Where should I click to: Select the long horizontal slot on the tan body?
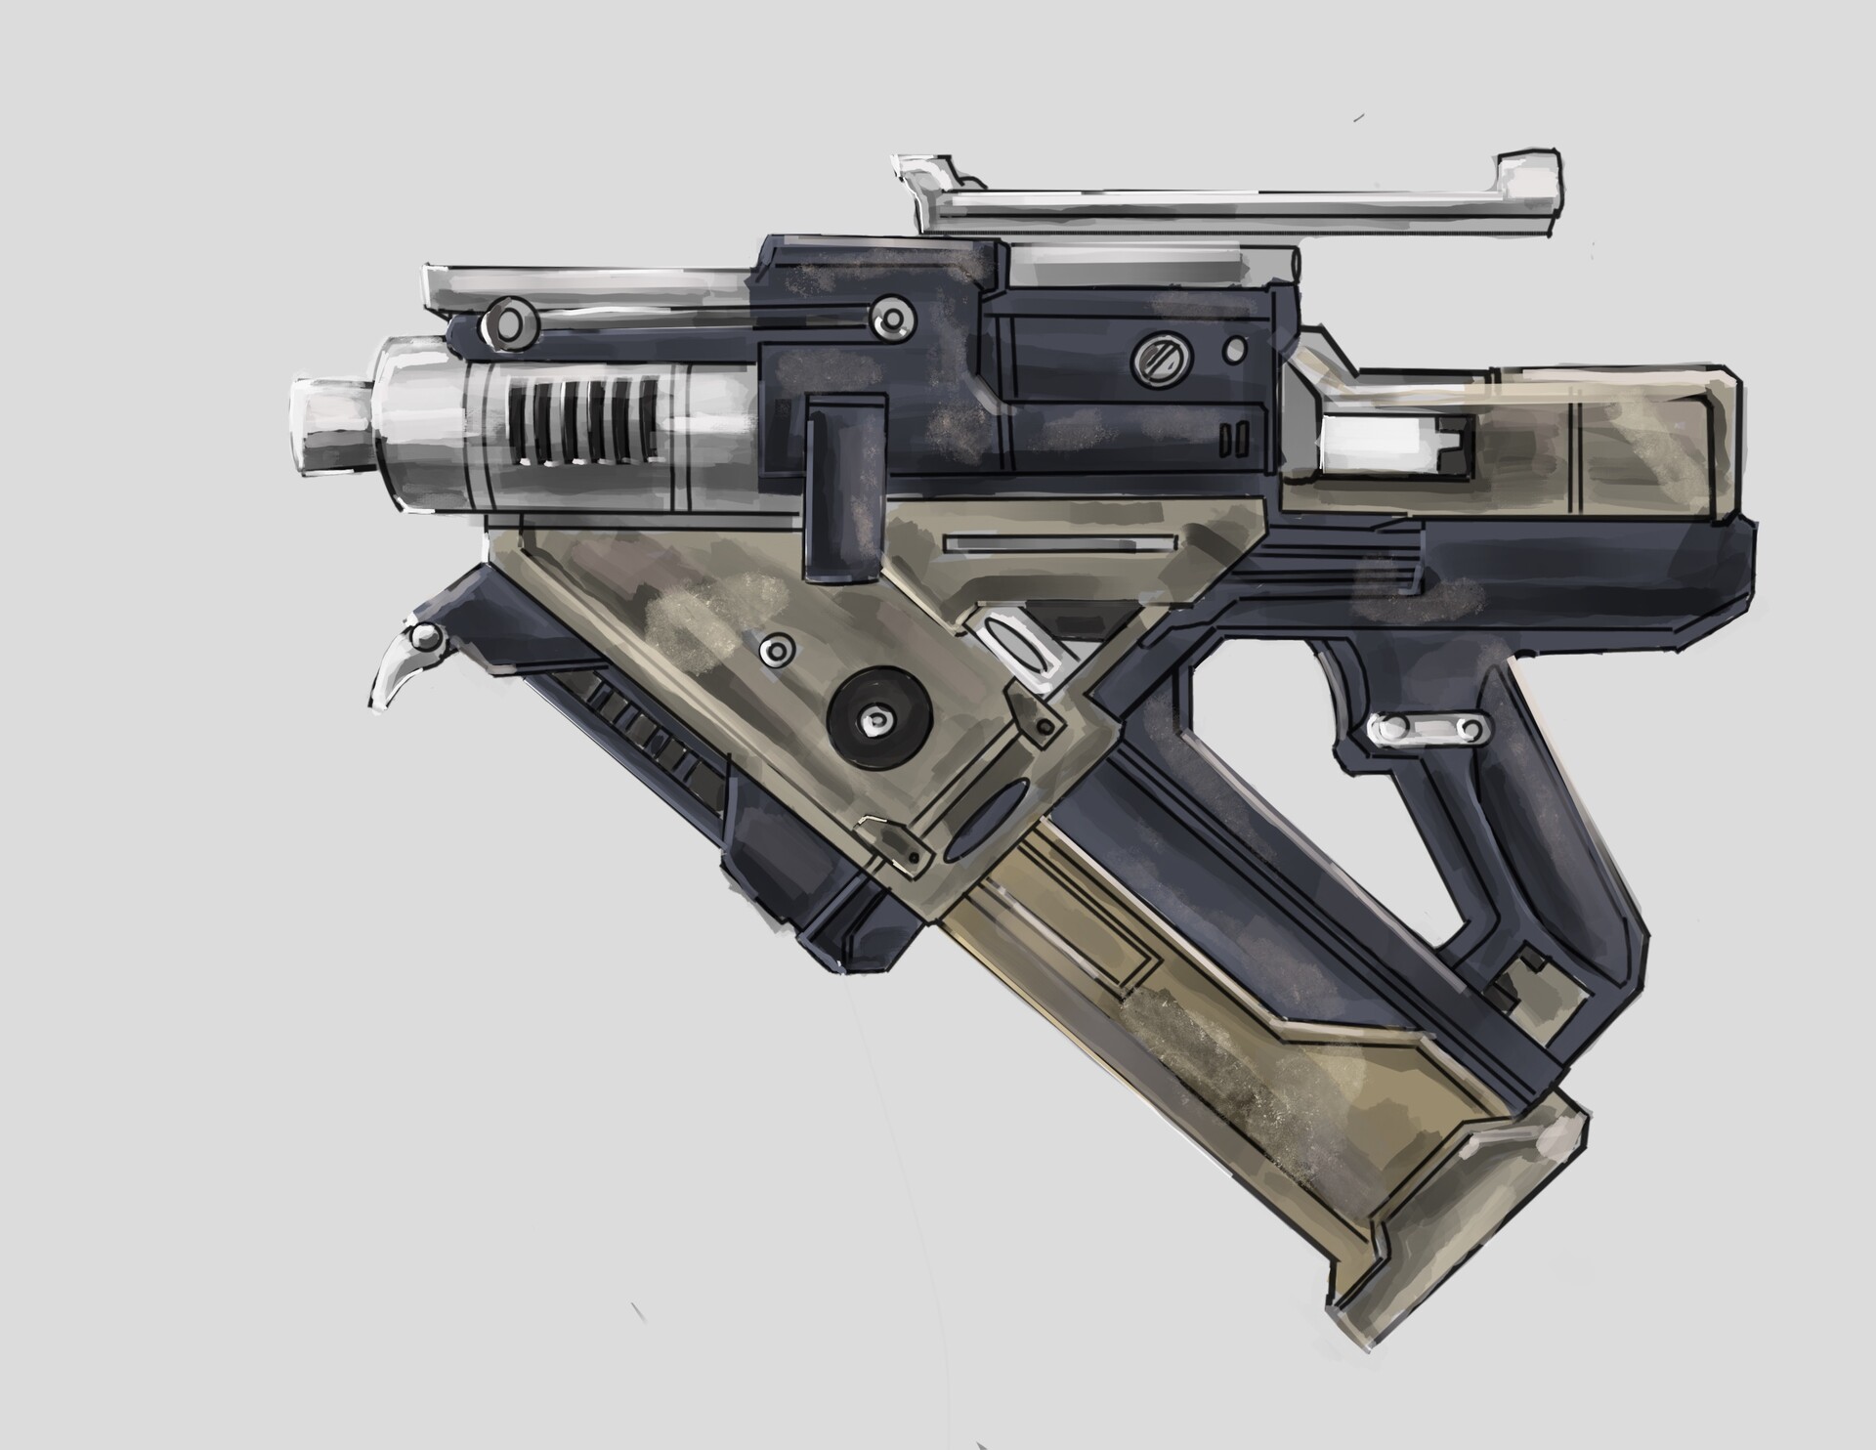coord(1057,542)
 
